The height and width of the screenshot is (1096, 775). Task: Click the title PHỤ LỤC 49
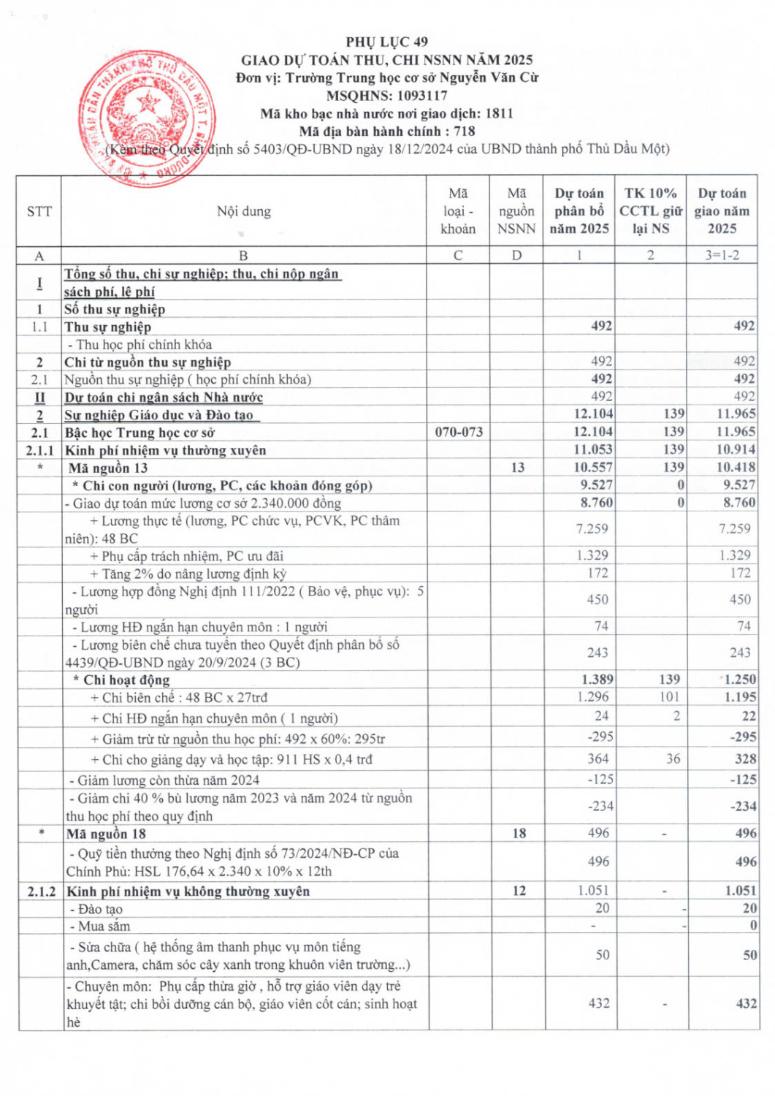coord(387,42)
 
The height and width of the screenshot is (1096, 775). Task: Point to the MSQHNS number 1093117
coord(422,96)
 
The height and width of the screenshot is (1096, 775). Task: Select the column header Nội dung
coord(243,211)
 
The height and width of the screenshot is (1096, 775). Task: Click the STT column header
coord(39,211)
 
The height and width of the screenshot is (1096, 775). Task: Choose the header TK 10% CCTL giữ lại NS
coord(650,211)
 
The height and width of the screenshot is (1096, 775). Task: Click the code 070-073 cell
coord(459,432)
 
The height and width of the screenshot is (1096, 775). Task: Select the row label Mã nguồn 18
coord(106,834)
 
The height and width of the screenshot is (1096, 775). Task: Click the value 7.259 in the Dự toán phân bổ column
coord(592,528)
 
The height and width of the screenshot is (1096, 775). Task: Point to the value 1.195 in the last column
coord(740,697)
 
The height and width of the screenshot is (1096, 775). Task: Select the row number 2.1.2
coord(40,891)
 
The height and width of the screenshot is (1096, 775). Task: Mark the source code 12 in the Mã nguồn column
coord(519,891)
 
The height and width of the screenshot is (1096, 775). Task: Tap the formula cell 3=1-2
coord(722,255)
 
